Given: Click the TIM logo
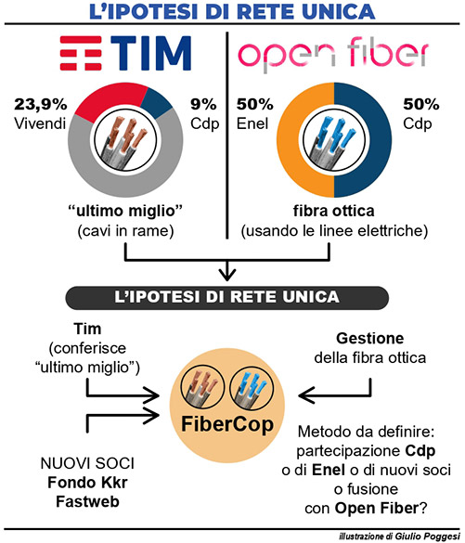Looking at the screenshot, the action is click(x=125, y=53).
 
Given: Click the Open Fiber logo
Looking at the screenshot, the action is click(x=333, y=55).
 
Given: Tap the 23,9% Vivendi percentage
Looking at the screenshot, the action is click(x=41, y=104).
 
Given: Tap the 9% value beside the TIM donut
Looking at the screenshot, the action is click(x=203, y=104).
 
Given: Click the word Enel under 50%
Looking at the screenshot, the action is click(x=252, y=123).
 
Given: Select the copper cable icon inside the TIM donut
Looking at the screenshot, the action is click(x=125, y=141).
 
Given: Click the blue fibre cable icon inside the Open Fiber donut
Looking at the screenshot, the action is click(x=334, y=141).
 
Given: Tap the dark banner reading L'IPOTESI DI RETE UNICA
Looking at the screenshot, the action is click(x=227, y=297).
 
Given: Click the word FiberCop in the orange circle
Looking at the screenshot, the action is click(x=227, y=424).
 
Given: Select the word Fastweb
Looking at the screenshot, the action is click(x=87, y=501).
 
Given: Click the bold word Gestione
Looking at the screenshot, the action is click(x=369, y=339).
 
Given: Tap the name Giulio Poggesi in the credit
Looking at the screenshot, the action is click(x=427, y=537).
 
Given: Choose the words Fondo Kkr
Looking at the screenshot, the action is click(x=87, y=483).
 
